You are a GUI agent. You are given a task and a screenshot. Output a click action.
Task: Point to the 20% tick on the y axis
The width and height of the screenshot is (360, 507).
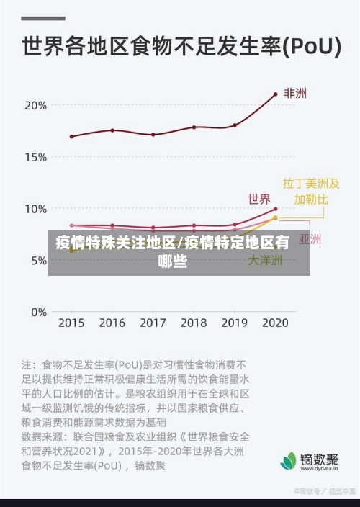coord(35,105)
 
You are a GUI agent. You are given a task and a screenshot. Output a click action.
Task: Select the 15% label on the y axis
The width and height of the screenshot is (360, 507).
coord(35,157)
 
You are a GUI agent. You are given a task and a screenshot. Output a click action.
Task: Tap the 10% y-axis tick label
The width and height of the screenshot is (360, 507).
coord(35,209)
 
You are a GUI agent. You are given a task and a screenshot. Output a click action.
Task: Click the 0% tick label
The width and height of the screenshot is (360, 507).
coord(38,313)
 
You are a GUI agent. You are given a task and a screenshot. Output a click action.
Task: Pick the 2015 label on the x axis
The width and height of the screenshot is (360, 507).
coord(71,323)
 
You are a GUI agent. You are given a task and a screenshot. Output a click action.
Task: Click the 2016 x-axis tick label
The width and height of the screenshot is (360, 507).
coord(112,323)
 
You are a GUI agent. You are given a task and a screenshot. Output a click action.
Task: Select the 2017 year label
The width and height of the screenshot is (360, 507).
coord(153,323)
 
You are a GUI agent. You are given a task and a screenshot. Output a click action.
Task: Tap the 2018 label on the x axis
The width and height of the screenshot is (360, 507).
coord(193,323)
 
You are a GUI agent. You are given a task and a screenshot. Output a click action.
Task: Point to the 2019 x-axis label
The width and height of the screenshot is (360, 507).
coord(234,323)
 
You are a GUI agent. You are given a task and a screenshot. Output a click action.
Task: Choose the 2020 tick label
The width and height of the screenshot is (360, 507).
coord(274,323)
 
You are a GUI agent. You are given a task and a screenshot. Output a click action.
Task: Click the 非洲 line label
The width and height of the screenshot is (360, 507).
coord(294,94)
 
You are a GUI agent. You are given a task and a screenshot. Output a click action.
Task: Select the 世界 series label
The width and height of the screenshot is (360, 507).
coord(259,199)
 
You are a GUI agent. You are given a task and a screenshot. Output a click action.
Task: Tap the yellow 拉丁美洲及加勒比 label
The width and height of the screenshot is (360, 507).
coord(310,191)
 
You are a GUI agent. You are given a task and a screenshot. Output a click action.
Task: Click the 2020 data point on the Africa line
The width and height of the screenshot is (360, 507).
coord(275,94)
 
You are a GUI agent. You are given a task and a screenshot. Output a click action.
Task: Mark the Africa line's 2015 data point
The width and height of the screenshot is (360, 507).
coord(71,136)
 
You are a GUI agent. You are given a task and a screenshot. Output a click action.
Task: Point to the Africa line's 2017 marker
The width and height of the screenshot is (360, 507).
coord(153,135)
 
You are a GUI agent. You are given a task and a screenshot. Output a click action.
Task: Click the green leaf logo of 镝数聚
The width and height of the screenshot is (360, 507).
coord(288,460)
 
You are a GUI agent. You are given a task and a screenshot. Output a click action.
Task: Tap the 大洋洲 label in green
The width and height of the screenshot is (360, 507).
coord(265,261)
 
